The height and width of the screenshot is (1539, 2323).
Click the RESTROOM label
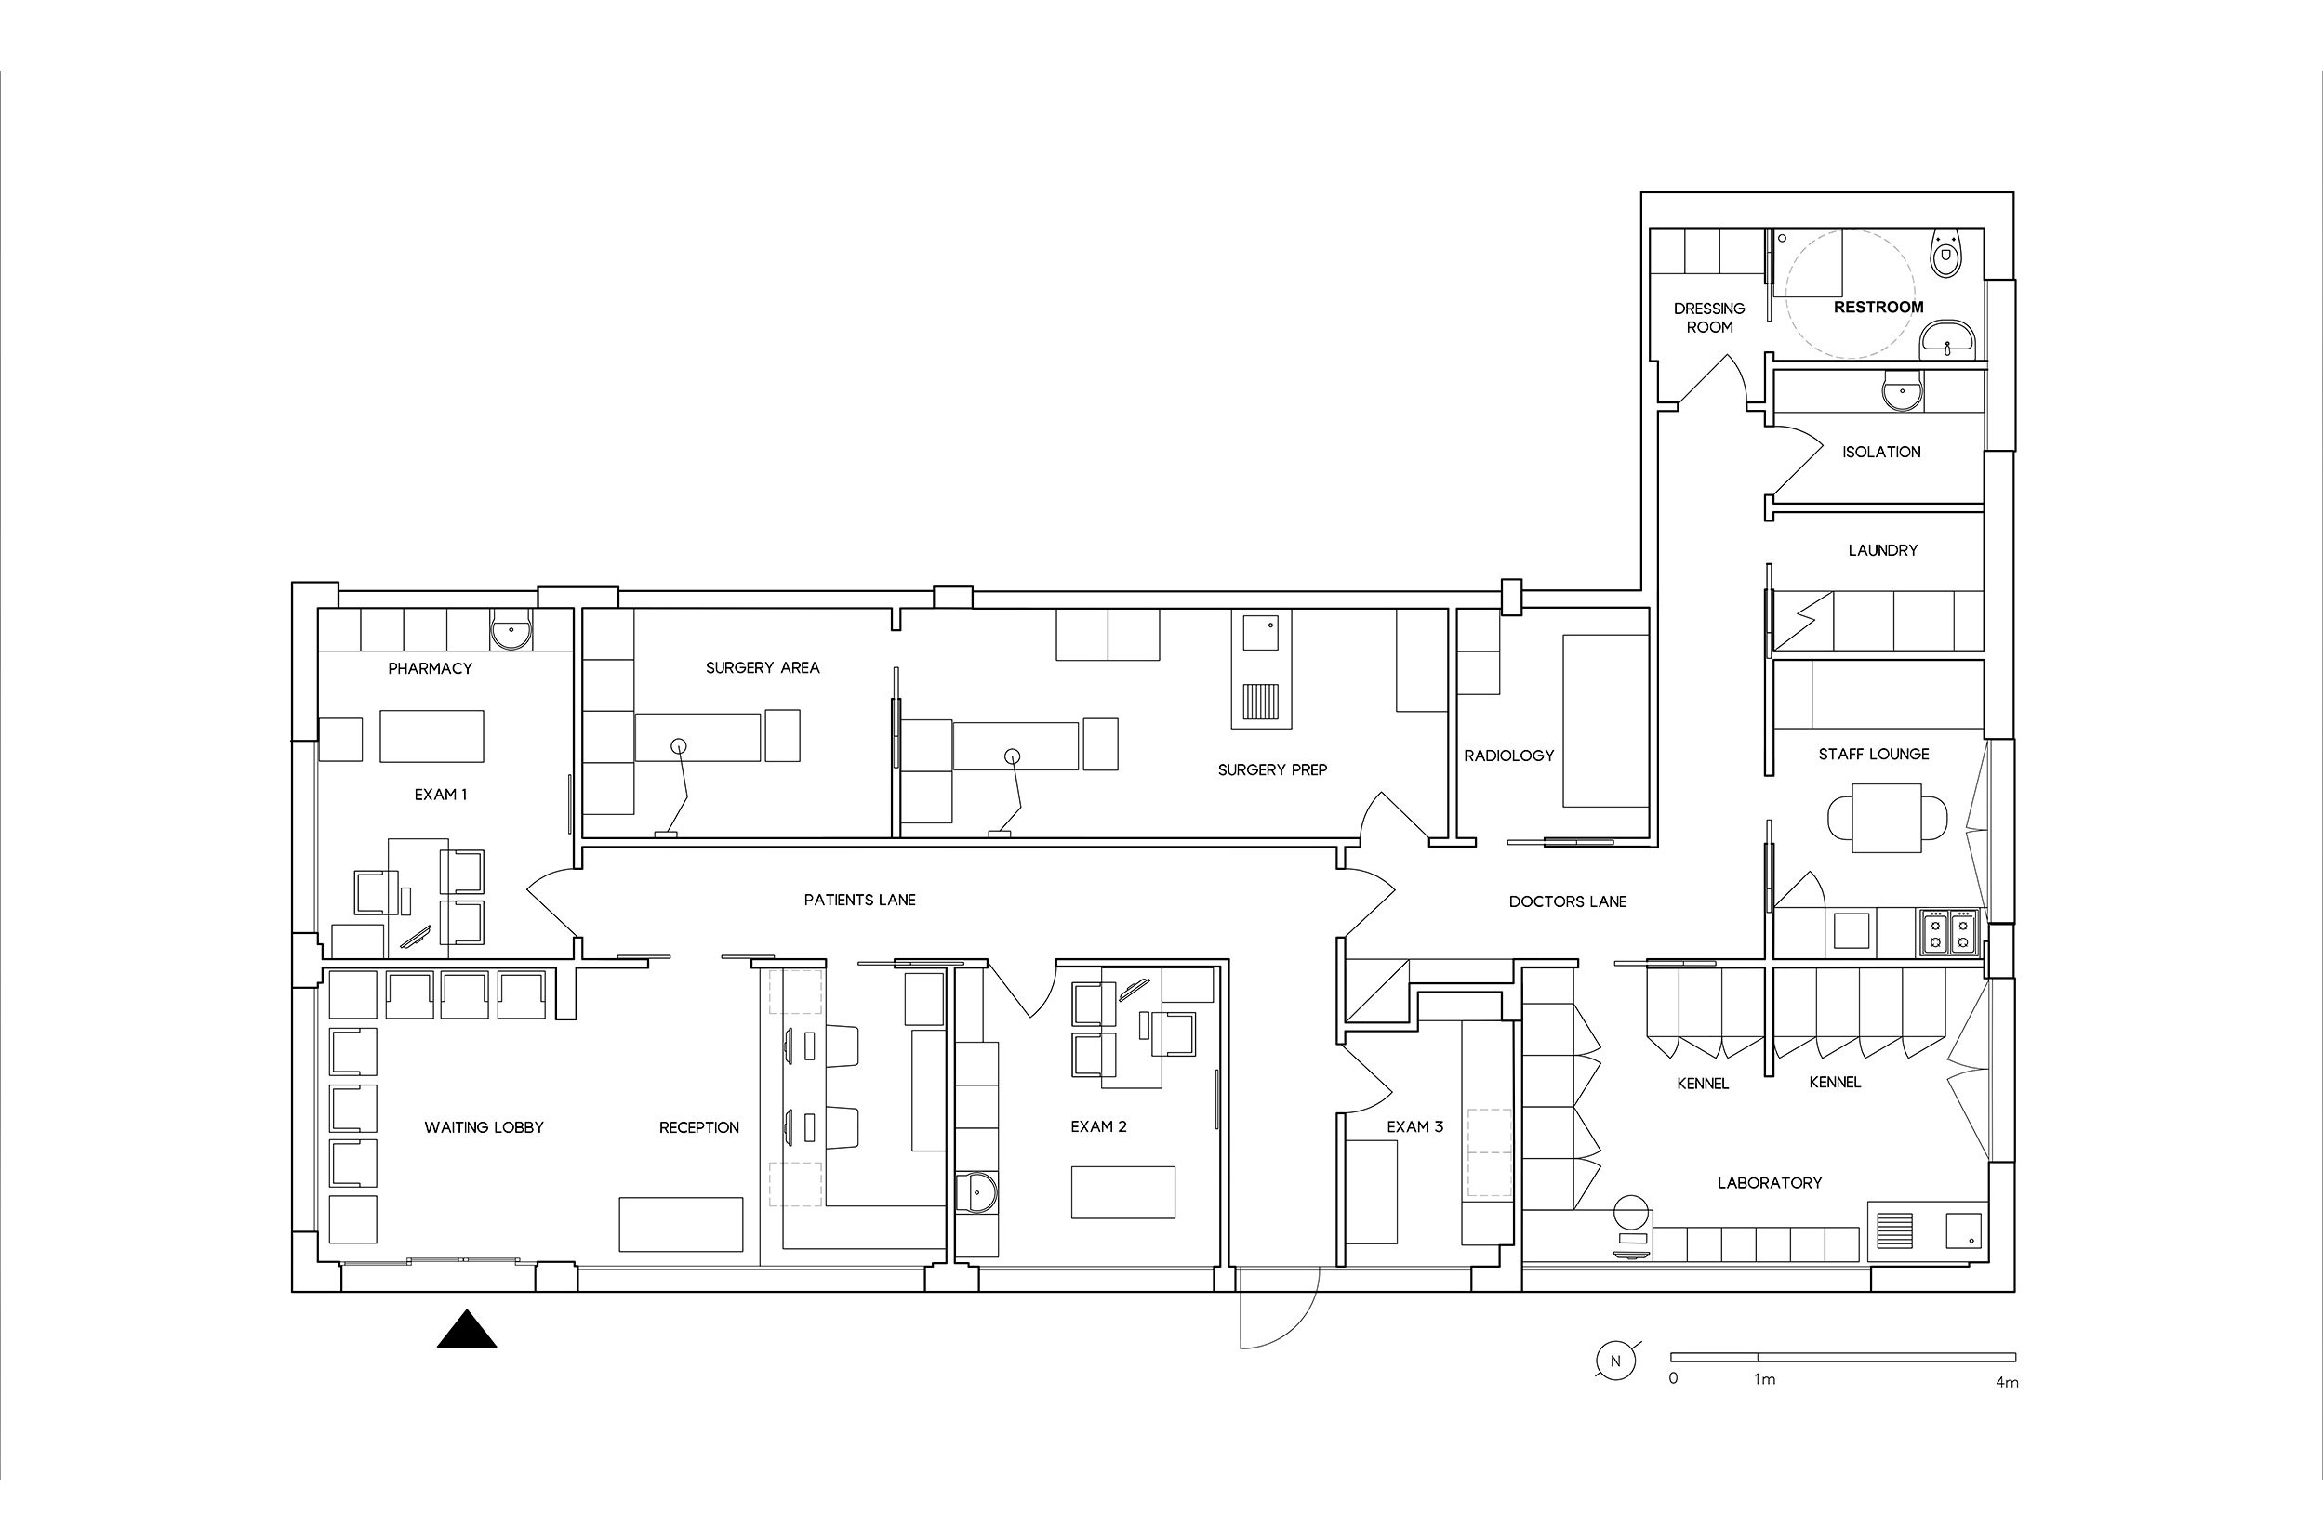[1878, 308]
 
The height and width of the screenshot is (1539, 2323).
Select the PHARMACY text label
[430, 668]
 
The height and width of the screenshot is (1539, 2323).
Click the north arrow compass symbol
[1615, 1361]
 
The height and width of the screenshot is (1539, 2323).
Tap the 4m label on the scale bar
[2007, 1382]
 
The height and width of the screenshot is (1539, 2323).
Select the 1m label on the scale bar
[1764, 1379]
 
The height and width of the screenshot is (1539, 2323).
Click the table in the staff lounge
[1886, 818]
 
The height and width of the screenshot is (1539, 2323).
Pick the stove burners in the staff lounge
[1949, 932]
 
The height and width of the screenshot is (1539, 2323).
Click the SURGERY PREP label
[1272, 769]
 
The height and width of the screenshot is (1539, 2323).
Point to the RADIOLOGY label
[1509, 756]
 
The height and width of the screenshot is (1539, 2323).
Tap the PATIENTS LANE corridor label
[860, 899]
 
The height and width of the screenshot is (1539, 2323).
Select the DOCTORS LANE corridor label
[1568, 901]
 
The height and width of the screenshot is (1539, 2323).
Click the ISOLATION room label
[1881, 452]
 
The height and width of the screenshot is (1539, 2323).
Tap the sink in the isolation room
[1903, 392]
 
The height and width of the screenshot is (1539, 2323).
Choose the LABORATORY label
[1770, 1183]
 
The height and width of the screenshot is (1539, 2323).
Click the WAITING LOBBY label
[485, 1126]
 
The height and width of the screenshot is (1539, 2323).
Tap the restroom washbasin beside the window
[1947, 340]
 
